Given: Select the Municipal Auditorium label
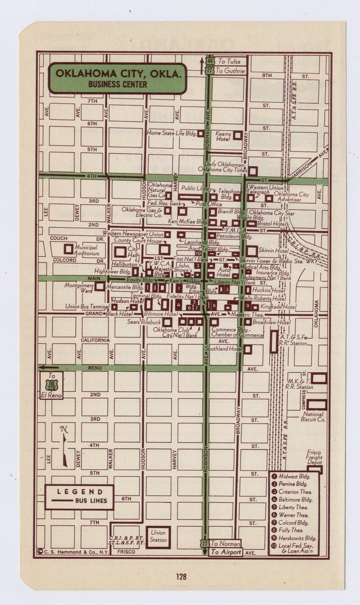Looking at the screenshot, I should pos(86,250).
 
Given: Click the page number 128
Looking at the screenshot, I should pos(181,576).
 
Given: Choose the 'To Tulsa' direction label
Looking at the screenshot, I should pos(229,61).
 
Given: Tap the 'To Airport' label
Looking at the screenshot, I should pos(226,552).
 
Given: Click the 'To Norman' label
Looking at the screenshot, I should pos(225,543).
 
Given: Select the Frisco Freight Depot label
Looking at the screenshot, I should pos(314,457).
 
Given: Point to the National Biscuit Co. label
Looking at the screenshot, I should pos(314,417).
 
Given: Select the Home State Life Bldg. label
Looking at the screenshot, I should pos(171,133).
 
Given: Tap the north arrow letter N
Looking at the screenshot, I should pos(64,430).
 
